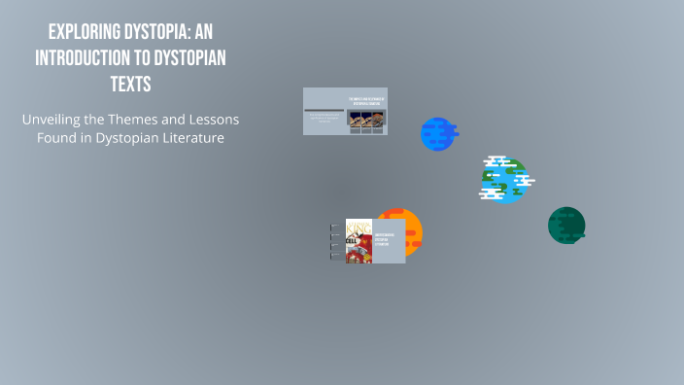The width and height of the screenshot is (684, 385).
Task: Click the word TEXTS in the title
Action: (x=130, y=84)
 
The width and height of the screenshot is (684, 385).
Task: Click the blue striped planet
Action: (x=438, y=134)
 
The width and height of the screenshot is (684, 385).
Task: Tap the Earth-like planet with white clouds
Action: (x=504, y=179)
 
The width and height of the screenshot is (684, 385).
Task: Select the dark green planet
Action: (x=566, y=226)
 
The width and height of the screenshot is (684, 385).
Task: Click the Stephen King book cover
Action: (x=359, y=241)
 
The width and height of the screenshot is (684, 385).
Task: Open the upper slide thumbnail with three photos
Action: (x=345, y=111)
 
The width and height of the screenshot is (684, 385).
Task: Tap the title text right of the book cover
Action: (x=389, y=240)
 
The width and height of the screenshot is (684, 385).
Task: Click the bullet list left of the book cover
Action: (x=336, y=241)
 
